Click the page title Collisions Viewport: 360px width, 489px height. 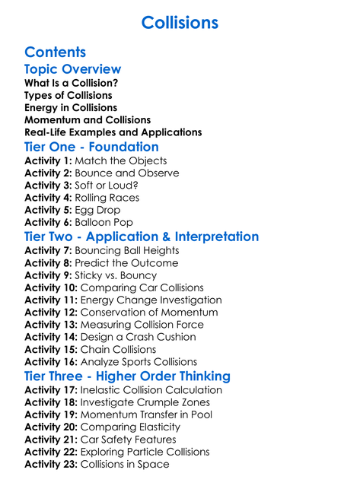click(180, 22)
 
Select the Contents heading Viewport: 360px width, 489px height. click(55, 52)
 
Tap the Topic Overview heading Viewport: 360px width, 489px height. click(72, 69)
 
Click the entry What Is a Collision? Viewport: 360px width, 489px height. click(71, 83)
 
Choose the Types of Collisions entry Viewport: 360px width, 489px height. click(68, 95)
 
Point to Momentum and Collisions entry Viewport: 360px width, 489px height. click(88, 119)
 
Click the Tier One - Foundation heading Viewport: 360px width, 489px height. click(91, 147)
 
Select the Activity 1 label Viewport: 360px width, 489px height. click(48, 161)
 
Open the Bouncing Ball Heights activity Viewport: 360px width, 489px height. click(129, 251)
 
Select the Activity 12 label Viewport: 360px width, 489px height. click(51, 313)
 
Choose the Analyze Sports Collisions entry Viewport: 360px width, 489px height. click(149, 362)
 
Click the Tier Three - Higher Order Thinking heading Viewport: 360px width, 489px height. click(127, 376)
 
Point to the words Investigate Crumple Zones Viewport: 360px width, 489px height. click(145, 402)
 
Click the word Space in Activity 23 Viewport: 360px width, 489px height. click(153, 464)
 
